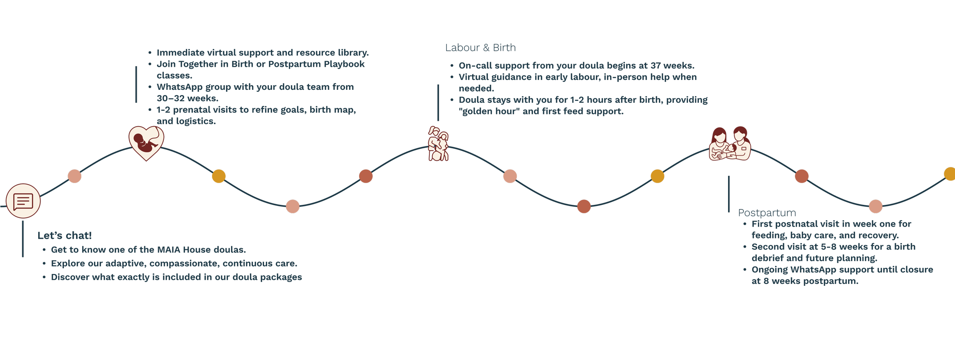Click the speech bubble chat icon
click(23, 201)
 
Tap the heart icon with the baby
click(146, 143)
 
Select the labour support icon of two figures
click(438, 144)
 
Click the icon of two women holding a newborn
click(730, 144)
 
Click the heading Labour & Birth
click(480, 48)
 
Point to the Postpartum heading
click(767, 213)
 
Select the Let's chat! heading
click(65, 235)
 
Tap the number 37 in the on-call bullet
click(656, 66)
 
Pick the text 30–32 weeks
click(187, 99)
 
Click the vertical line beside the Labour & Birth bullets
click(438, 102)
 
